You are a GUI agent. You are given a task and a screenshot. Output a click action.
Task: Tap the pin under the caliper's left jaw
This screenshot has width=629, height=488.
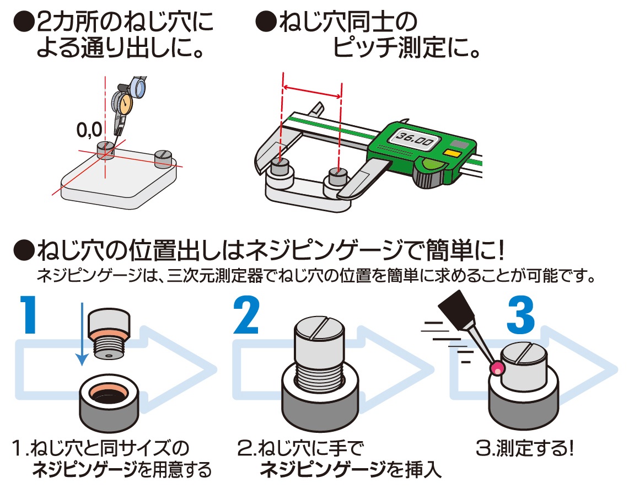click(281, 167)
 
